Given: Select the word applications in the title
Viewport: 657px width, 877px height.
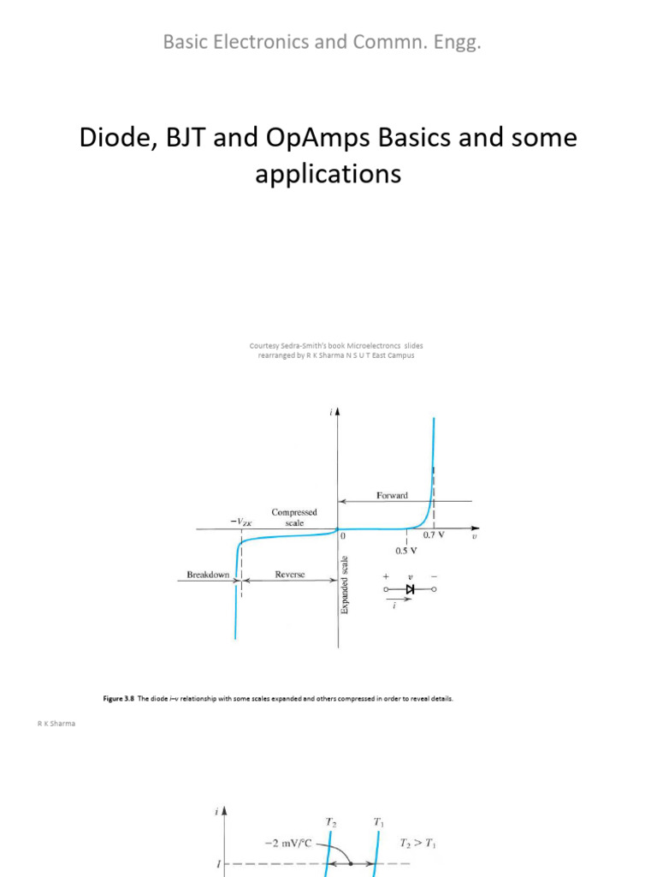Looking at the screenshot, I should (x=328, y=175).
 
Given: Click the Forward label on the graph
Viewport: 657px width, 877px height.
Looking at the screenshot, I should (x=392, y=495).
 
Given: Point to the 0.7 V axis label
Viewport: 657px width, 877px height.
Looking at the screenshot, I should (x=435, y=535).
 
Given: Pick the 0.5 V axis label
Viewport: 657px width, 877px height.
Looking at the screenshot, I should (x=406, y=551).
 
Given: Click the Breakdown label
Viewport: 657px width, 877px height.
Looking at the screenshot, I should (x=208, y=575).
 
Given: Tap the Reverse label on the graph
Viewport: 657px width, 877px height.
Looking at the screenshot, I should (x=290, y=575).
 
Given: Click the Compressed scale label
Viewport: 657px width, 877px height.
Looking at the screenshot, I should (x=294, y=517).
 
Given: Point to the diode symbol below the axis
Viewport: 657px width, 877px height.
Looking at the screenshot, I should (x=410, y=589).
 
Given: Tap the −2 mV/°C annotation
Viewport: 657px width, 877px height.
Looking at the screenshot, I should (x=287, y=844).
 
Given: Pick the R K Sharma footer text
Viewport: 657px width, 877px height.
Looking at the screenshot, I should (x=56, y=725).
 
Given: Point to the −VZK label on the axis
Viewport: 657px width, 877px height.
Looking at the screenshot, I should (x=241, y=519).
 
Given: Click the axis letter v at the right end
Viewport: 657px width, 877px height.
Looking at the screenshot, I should (x=474, y=537).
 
